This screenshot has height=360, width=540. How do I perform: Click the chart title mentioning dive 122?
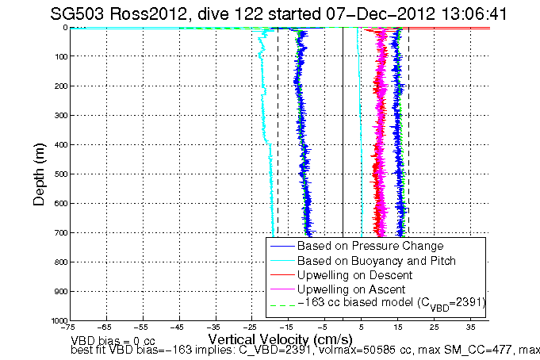pyautogui.click(x=274, y=13)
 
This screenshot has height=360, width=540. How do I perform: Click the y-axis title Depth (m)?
pyautogui.click(x=39, y=172)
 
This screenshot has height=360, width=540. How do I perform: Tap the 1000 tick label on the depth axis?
pyautogui.click(x=57, y=320)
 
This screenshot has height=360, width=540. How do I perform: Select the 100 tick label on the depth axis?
pyautogui.click(x=59, y=56)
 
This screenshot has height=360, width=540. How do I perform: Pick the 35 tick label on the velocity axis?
pyautogui.click(x=470, y=327)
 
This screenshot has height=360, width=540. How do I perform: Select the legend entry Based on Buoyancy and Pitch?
pyautogui.click(x=377, y=260)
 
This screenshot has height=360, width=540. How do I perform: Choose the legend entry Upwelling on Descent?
pyautogui.click(x=354, y=274)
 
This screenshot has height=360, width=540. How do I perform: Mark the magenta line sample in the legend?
pyautogui.click(x=281, y=289)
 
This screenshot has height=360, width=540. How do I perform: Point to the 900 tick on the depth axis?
pyautogui.click(x=59, y=291)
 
